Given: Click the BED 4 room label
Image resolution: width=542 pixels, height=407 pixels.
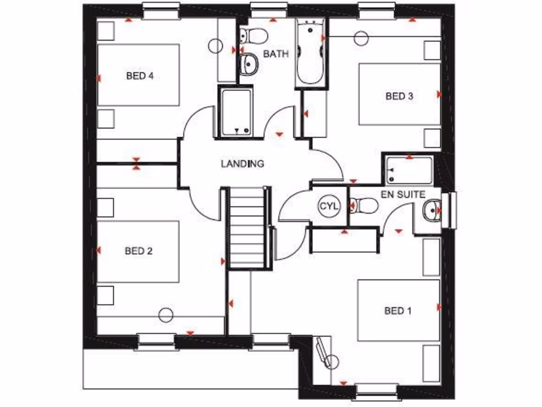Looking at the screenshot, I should pyautogui.click(x=140, y=76).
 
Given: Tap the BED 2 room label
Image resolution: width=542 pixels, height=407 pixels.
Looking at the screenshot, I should pyautogui.click(x=139, y=251).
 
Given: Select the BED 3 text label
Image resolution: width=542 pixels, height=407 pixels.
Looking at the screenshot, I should pyautogui.click(x=399, y=96).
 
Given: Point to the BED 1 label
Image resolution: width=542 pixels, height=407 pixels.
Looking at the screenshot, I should pyautogui.click(x=398, y=311).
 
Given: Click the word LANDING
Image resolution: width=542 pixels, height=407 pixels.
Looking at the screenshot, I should pyautogui.click(x=242, y=164).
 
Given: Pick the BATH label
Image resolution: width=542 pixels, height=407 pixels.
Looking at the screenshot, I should pyautogui.click(x=276, y=54).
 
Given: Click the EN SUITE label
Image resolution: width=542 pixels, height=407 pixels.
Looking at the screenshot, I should pyautogui.click(x=403, y=194).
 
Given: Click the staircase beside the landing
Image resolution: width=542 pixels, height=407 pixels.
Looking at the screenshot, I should pyautogui.click(x=247, y=228).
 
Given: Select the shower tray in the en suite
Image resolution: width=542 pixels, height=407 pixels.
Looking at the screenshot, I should pyautogui.click(x=408, y=170).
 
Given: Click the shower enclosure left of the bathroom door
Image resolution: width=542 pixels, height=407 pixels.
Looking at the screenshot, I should pyautogui.click(x=236, y=112).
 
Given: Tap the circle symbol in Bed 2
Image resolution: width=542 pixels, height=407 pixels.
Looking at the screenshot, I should pyautogui.click(x=166, y=315).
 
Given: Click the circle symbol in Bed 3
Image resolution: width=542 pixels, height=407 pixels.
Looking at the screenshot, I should pyautogui.click(x=362, y=38).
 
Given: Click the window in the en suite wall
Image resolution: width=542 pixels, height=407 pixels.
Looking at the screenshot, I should pyautogui.click(x=451, y=210).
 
